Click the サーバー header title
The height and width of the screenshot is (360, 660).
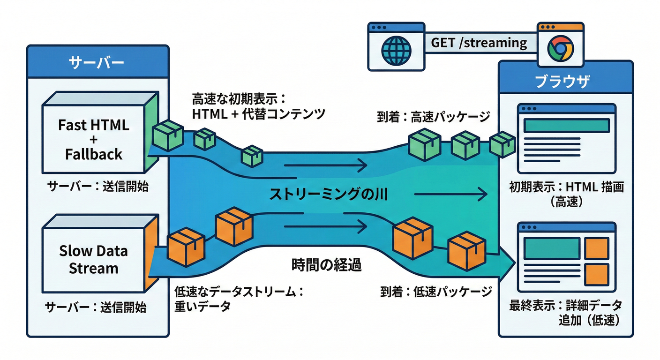[x=97, y=62]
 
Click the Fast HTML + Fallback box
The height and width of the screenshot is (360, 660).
[x=94, y=139]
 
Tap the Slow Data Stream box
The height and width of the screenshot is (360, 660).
[x=93, y=260]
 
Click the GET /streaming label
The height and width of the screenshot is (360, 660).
[x=479, y=43]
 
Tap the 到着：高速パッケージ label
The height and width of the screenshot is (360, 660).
[x=434, y=116]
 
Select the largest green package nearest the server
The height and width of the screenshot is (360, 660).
[x=168, y=135]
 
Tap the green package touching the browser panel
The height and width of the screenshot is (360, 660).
[x=502, y=144]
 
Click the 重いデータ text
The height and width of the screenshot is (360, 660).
[x=202, y=306]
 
